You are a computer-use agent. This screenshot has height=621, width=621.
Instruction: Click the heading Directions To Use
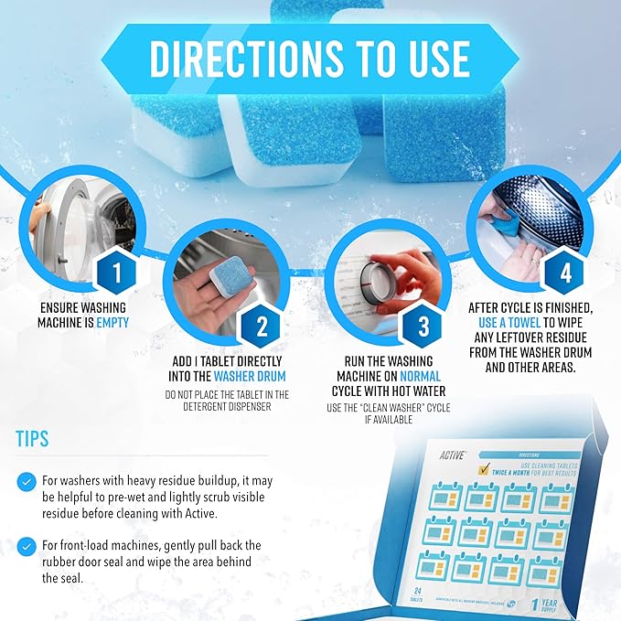[x=309, y=59]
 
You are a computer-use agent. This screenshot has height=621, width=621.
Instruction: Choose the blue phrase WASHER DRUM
[x=249, y=375]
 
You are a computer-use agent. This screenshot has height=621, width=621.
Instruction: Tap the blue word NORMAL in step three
[x=420, y=376]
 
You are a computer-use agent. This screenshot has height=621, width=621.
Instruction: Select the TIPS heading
[x=34, y=438]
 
